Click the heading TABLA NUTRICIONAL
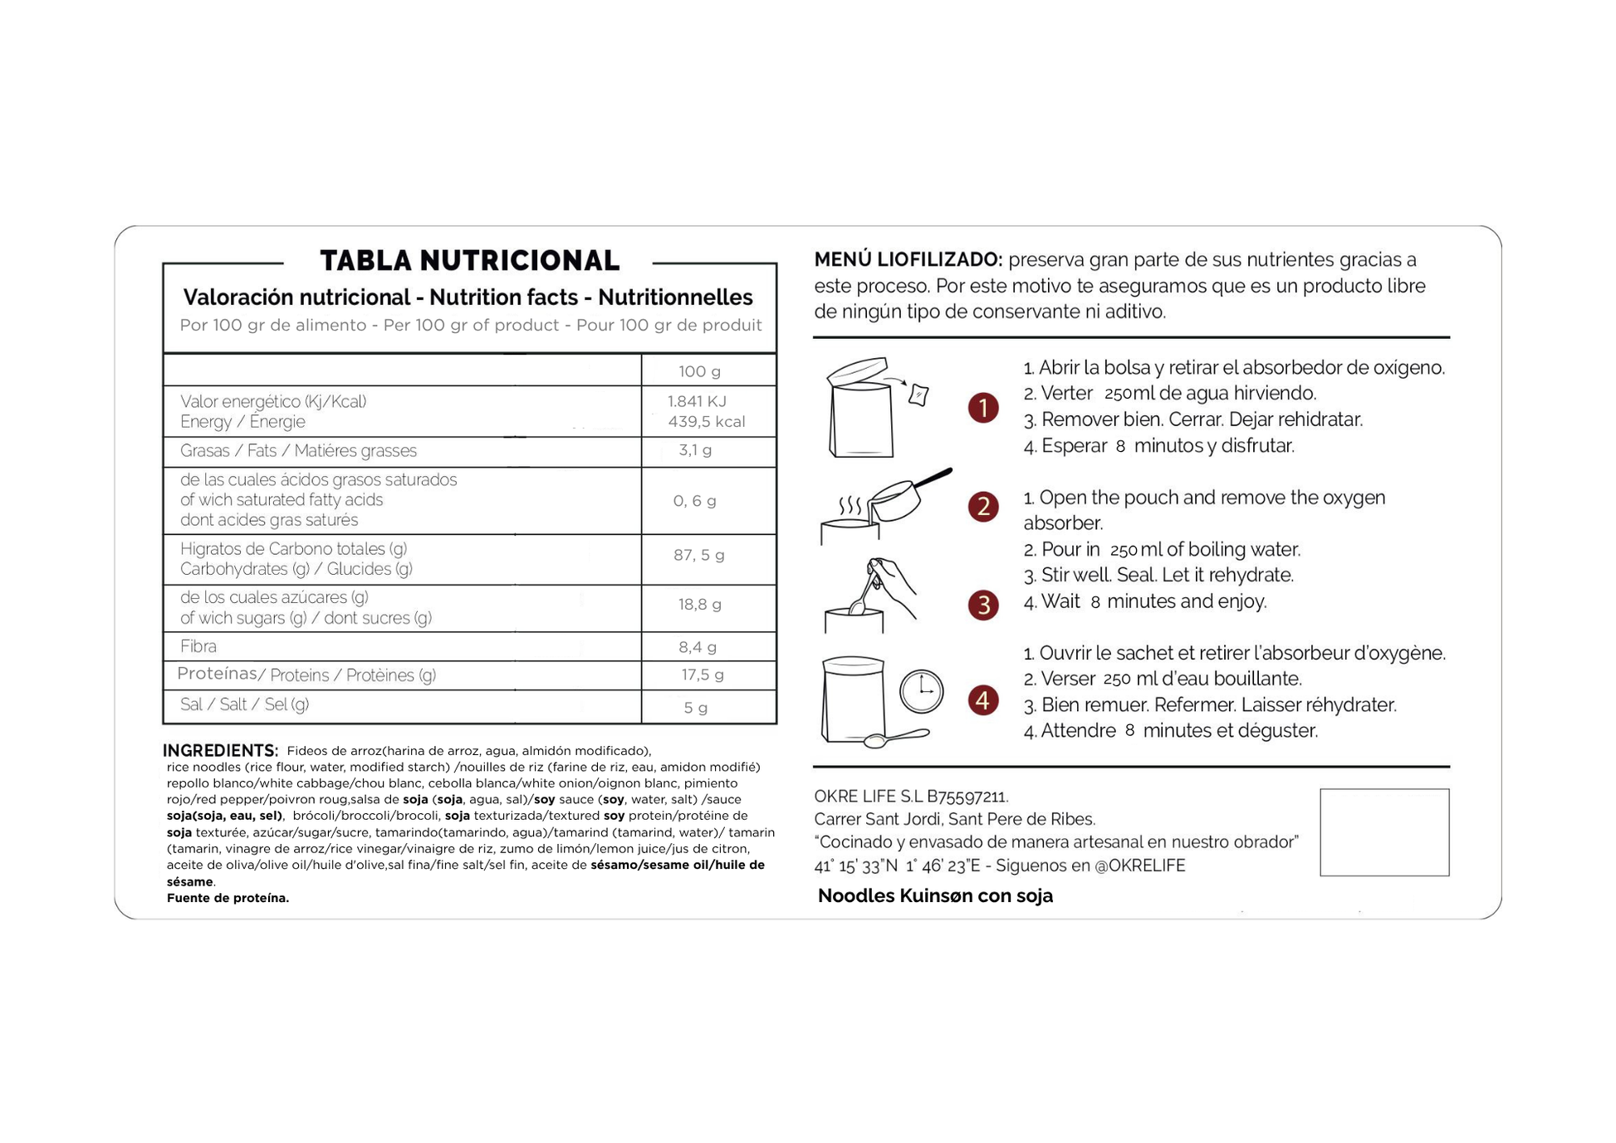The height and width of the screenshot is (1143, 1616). pos(469,261)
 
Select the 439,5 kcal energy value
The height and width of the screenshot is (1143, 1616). pos(706,422)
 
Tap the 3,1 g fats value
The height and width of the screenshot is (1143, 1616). pos(695,450)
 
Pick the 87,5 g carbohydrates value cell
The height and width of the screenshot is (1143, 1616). pos(698,555)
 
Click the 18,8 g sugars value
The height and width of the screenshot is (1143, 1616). pos(699,605)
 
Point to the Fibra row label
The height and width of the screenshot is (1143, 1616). pos(198,646)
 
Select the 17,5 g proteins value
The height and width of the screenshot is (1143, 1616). pos(702,675)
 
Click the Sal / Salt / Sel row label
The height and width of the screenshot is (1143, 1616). pos(244,704)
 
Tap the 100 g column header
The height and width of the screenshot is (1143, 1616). pos(699,371)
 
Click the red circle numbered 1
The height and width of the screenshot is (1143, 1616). pos(983,408)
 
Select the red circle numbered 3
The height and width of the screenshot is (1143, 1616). pos(983,605)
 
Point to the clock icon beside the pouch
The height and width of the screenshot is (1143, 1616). pos(921,691)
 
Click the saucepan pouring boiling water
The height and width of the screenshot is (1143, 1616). pos(905,498)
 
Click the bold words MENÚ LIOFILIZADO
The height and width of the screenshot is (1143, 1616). pos(908,260)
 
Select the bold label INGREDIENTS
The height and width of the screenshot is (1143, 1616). pos(220,750)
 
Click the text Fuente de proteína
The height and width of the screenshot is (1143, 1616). pos(228,898)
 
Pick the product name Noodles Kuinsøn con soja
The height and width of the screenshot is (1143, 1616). pos(935,896)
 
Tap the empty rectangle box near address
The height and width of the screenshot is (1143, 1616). pos(1383,832)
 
